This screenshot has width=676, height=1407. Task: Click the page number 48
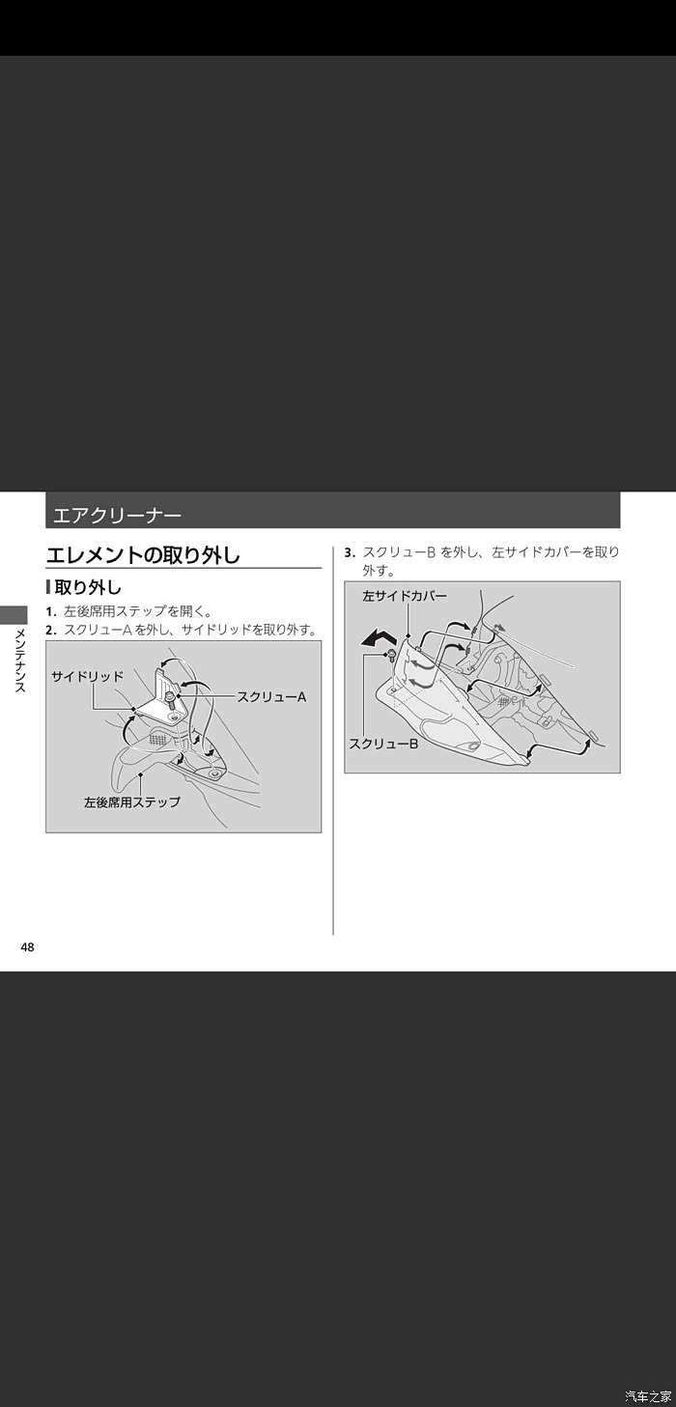(x=28, y=947)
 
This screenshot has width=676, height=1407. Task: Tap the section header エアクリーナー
(x=118, y=516)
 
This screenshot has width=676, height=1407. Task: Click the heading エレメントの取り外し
(x=143, y=555)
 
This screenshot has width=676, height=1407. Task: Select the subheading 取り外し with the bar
(x=84, y=588)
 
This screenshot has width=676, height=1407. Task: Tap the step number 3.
(x=350, y=552)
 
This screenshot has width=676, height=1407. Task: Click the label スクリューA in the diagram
(x=271, y=696)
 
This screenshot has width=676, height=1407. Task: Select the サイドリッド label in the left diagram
(x=87, y=677)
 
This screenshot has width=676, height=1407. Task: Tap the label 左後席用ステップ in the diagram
(x=132, y=802)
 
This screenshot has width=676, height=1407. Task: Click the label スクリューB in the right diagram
(x=383, y=744)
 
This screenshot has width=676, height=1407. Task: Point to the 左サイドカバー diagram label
(x=405, y=596)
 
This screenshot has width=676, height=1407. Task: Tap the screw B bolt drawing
(x=390, y=657)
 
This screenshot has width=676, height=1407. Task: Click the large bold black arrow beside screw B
(x=379, y=639)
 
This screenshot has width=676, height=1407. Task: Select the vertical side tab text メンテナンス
(x=20, y=661)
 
